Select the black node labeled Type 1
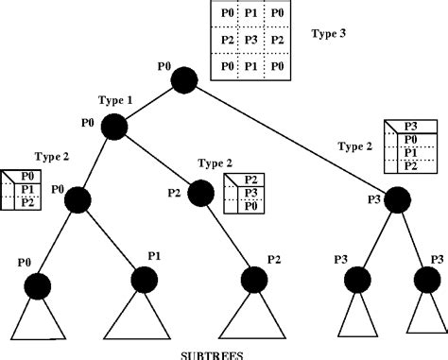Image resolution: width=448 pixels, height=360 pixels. point(114,126)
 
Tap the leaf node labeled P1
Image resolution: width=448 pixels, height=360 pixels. point(143,280)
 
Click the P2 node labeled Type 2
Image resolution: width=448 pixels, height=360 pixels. point(201,194)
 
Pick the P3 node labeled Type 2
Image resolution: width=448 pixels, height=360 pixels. point(397,199)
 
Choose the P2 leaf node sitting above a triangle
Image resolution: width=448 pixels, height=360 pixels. point(252,281)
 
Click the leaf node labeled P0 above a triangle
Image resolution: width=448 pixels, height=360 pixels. point(37,284)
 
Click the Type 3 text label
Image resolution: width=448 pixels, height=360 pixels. point(328,32)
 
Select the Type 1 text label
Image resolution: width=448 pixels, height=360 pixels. point(115,99)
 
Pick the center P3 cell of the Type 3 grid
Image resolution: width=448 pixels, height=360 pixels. point(250,41)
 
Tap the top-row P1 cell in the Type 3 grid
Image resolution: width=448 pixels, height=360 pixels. point(250,15)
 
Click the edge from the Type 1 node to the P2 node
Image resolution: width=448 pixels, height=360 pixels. point(158,160)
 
